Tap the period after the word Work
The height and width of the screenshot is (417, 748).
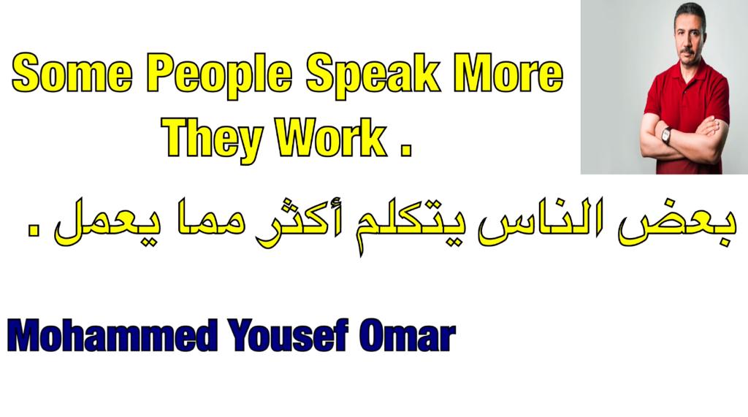[405, 150]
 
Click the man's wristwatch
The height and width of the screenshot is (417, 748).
[666, 136]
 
